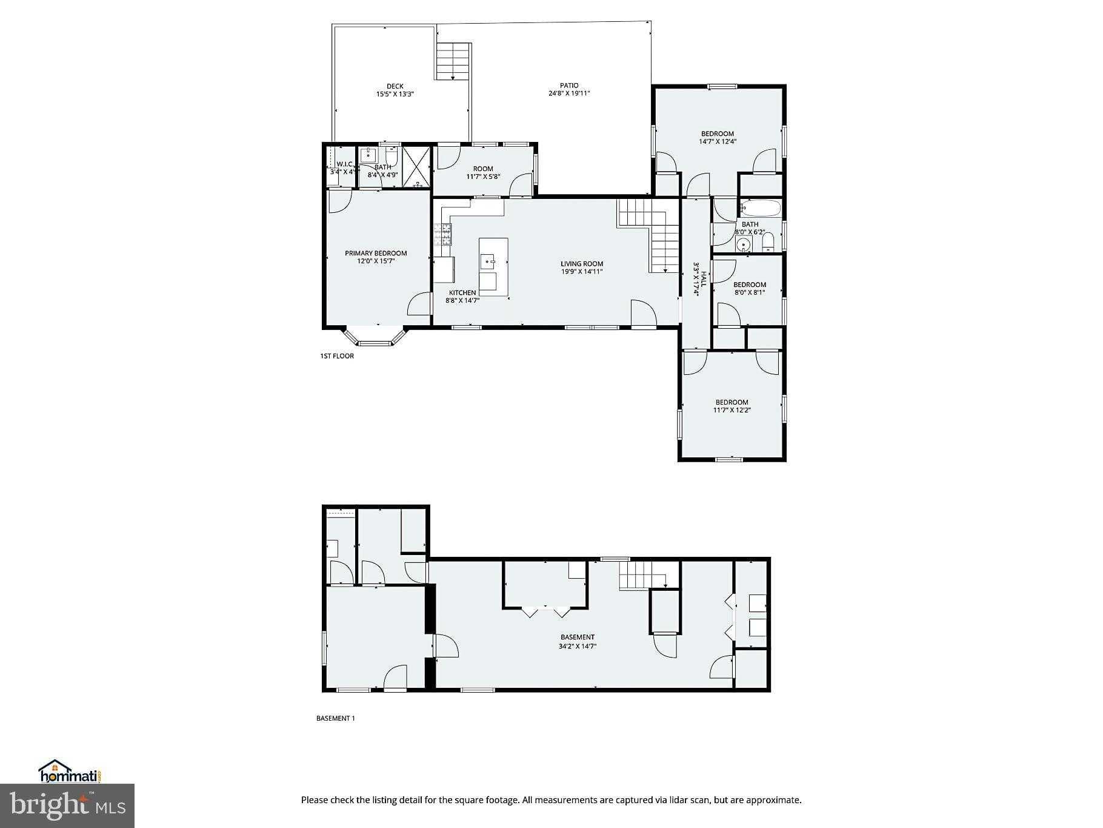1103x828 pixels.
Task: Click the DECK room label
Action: pyautogui.click(x=395, y=86)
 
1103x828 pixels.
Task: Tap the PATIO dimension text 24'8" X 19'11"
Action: pyautogui.click(x=568, y=93)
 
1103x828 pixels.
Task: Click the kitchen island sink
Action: pyautogui.click(x=488, y=261)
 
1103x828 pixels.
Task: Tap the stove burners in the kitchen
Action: pyautogui.click(x=443, y=234)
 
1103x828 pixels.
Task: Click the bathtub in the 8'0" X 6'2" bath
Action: pyautogui.click(x=760, y=209)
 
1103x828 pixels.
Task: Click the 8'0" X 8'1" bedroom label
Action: pyautogui.click(x=750, y=288)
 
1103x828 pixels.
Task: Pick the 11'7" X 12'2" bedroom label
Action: pyautogui.click(x=731, y=406)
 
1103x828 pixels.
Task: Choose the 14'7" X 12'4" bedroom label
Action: pyautogui.click(x=718, y=137)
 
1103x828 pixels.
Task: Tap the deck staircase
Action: pyautogui.click(x=453, y=61)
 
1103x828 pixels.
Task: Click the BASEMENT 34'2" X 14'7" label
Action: pyautogui.click(x=577, y=641)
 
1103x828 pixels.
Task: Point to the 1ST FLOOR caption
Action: pyautogui.click(x=337, y=356)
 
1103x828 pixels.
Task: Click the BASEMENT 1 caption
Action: pyautogui.click(x=335, y=718)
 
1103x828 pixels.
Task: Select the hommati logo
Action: pyautogui.click(x=69, y=772)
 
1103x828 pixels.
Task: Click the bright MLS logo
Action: pyautogui.click(x=67, y=806)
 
